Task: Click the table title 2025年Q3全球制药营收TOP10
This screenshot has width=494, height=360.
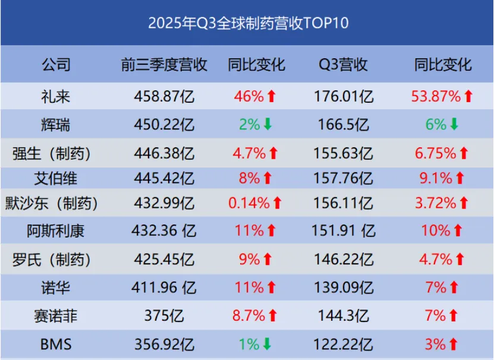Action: click(x=247, y=23)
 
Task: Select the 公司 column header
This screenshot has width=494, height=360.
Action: click(x=56, y=65)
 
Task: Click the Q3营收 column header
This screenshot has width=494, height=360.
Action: click(x=343, y=65)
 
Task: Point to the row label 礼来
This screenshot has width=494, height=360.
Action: click(x=56, y=96)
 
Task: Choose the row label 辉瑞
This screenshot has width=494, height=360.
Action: click(x=56, y=125)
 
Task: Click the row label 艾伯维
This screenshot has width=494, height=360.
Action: click(x=56, y=177)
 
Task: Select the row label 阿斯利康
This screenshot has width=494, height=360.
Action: click(x=56, y=230)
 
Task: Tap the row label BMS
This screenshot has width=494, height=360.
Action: click(x=56, y=343)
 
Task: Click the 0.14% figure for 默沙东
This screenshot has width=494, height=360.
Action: click(x=248, y=203)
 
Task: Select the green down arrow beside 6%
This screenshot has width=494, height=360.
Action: click(x=454, y=125)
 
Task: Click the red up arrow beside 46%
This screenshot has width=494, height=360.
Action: click(x=271, y=96)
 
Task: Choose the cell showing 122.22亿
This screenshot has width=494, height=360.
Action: click(x=343, y=343)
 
